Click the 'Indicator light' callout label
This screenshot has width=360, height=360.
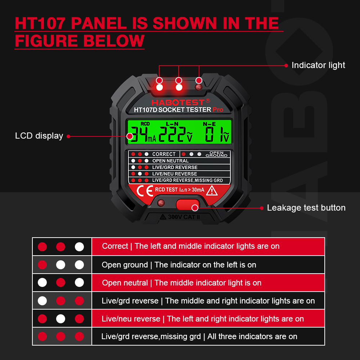pyautogui.click(x=318, y=65)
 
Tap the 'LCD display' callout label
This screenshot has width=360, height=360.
pyautogui.click(x=39, y=136)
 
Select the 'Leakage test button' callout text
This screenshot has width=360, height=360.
pyautogui.click(x=306, y=208)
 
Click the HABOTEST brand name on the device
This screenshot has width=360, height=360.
pyautogui.click(x=178, y=102)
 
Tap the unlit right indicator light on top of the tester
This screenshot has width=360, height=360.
pyautogui.click(x=198, y=87)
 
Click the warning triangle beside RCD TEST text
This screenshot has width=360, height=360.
pyautogui.click(x=211, y=190)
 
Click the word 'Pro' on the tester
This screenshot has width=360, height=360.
pyautogui.click(x=217, y=109)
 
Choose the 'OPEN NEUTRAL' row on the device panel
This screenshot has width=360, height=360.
pyautogui.click(x=170, y=161)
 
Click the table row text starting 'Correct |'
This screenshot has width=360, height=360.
pyautogui.click(x=190, y=246)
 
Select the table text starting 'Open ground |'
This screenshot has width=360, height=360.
pyautogui.click(x=179, y=265)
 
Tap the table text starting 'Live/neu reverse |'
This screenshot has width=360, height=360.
pyautogui.click(x=203, y=319)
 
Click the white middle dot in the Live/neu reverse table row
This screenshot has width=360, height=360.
pyautogui.click(x=61, y=319)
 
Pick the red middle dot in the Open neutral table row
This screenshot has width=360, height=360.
pyautogui.click(x=61, y=283)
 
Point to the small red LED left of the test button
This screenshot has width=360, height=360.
pyautogui.click(x=161, y=203)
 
